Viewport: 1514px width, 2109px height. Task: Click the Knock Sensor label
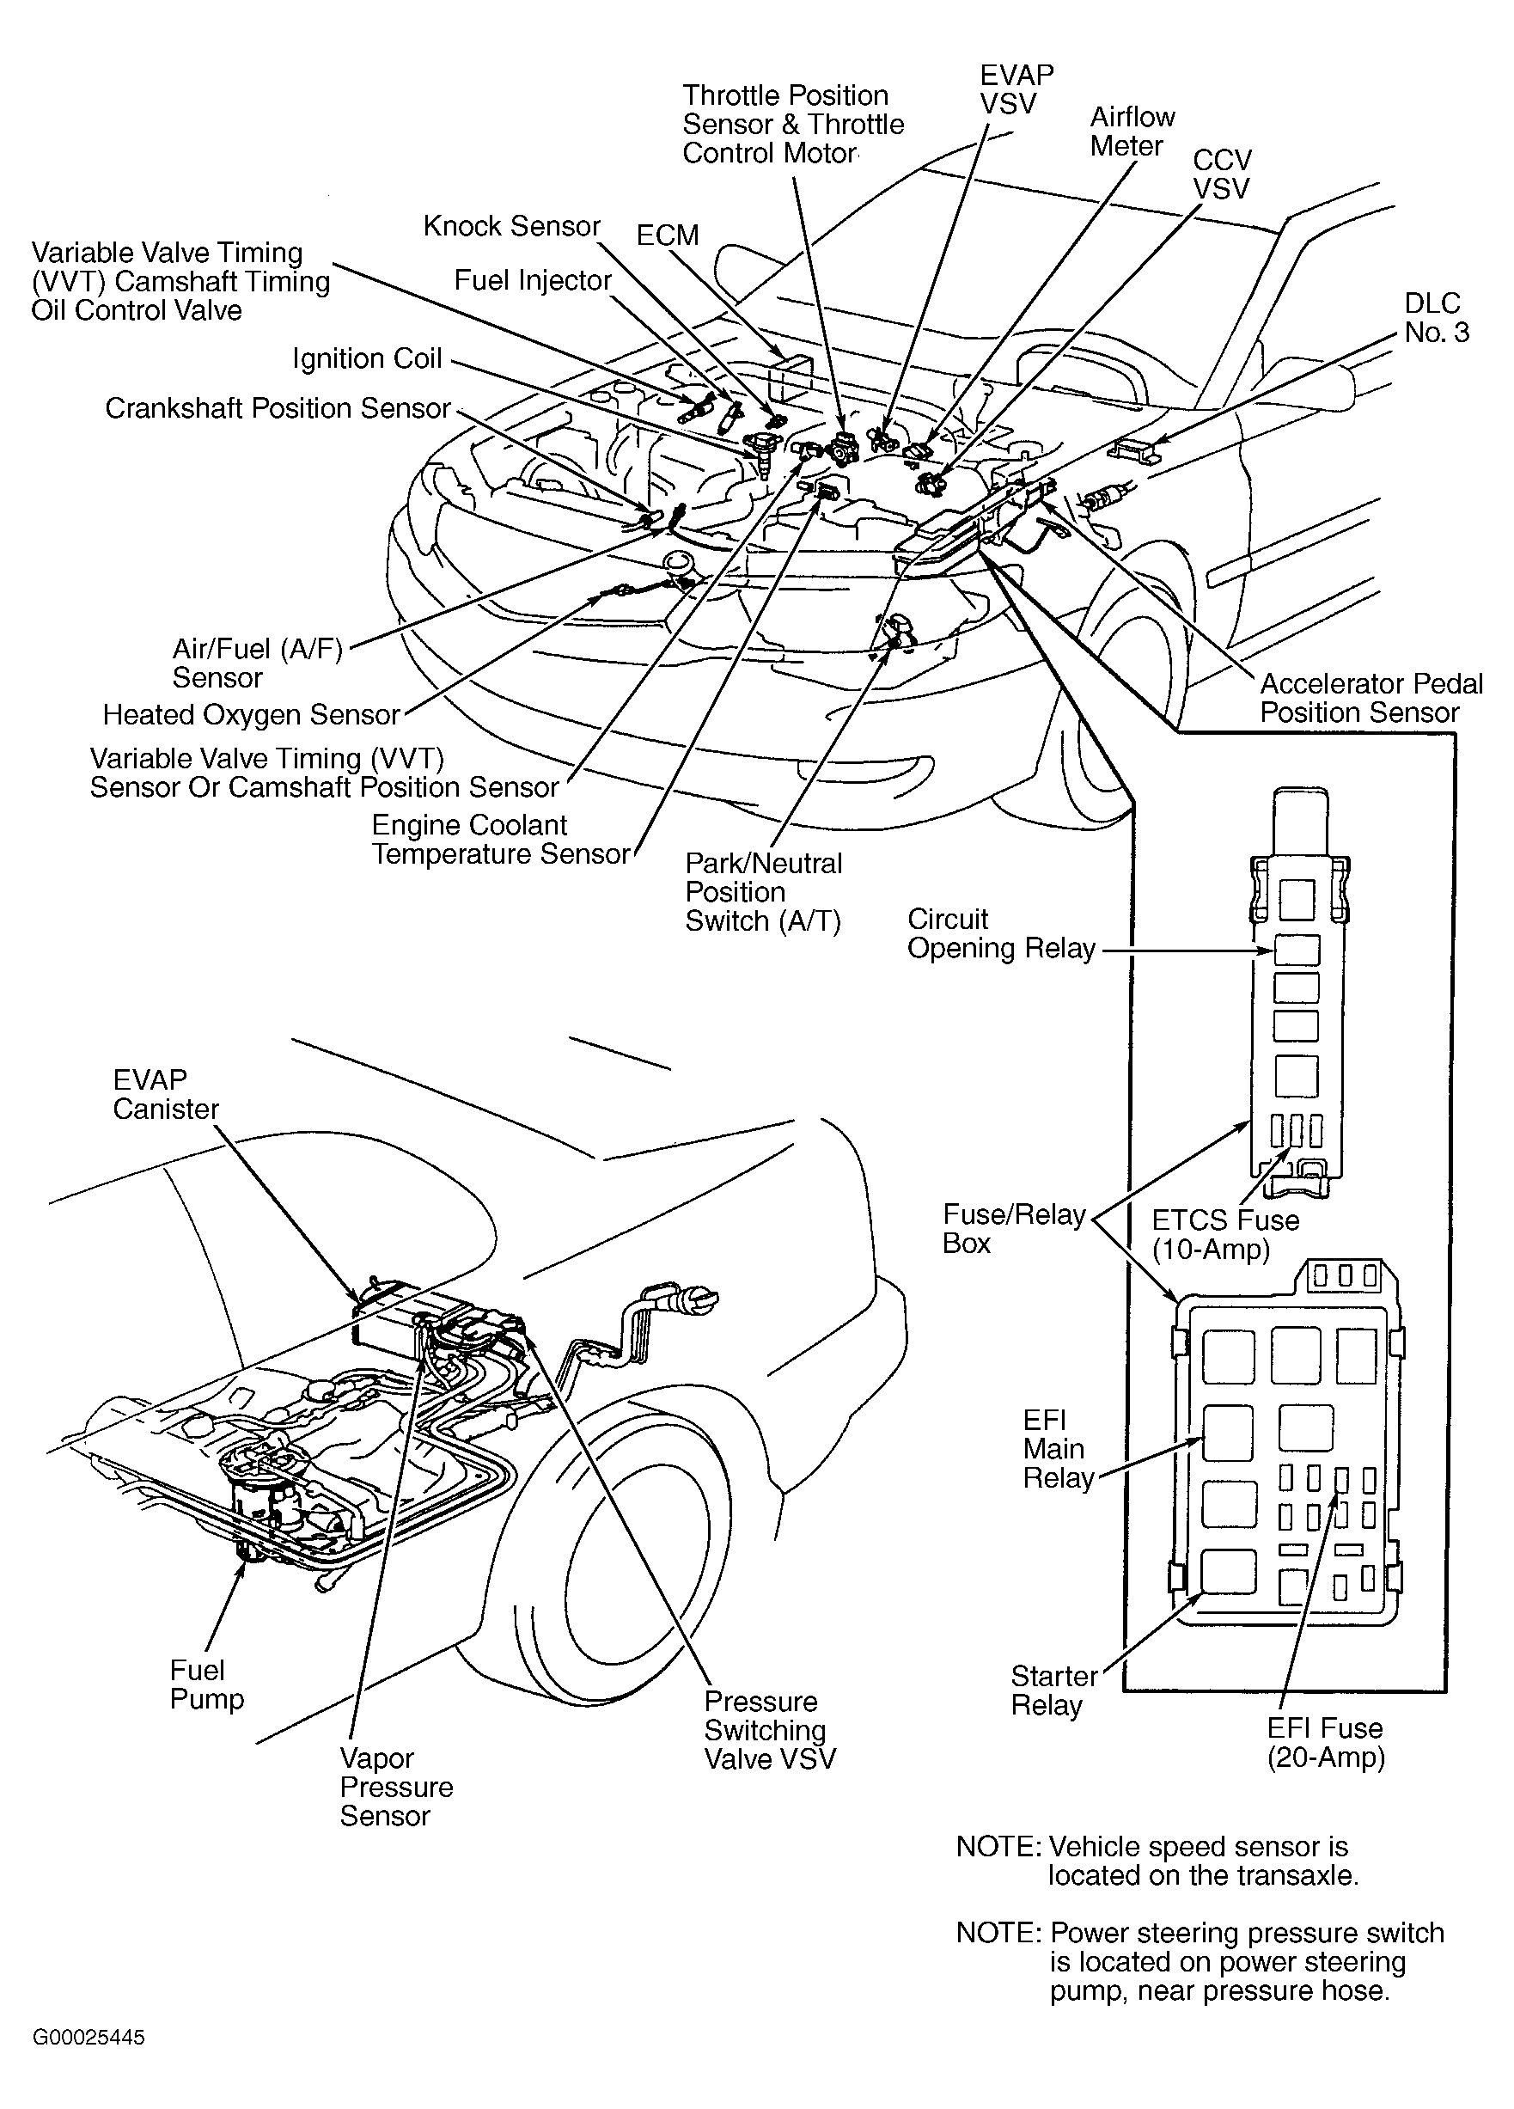[511, 226]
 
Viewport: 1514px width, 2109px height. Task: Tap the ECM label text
[667, 235]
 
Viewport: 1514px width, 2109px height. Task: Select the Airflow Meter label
[1132, 131]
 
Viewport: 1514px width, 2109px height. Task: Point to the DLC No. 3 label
[1436, 317]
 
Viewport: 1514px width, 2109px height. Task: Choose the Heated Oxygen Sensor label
[250, 714]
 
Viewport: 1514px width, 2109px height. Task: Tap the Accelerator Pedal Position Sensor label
[1370, 698]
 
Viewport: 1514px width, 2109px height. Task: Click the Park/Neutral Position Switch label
[762, 892]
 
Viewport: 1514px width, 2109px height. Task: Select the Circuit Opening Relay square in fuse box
[1297, 951]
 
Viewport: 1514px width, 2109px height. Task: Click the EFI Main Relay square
[1228, 1431]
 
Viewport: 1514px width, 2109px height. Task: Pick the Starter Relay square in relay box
[1228, 1573]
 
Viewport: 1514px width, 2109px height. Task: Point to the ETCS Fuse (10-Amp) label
[1224, 1234]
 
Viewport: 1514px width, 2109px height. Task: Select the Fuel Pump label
[206, 1684]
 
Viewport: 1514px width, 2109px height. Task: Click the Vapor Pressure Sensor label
[395, 1787]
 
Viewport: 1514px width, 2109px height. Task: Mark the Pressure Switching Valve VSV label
[769, 1730]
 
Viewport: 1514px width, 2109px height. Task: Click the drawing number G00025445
[89, 2038]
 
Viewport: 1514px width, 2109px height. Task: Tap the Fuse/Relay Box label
[1013, 1228]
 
